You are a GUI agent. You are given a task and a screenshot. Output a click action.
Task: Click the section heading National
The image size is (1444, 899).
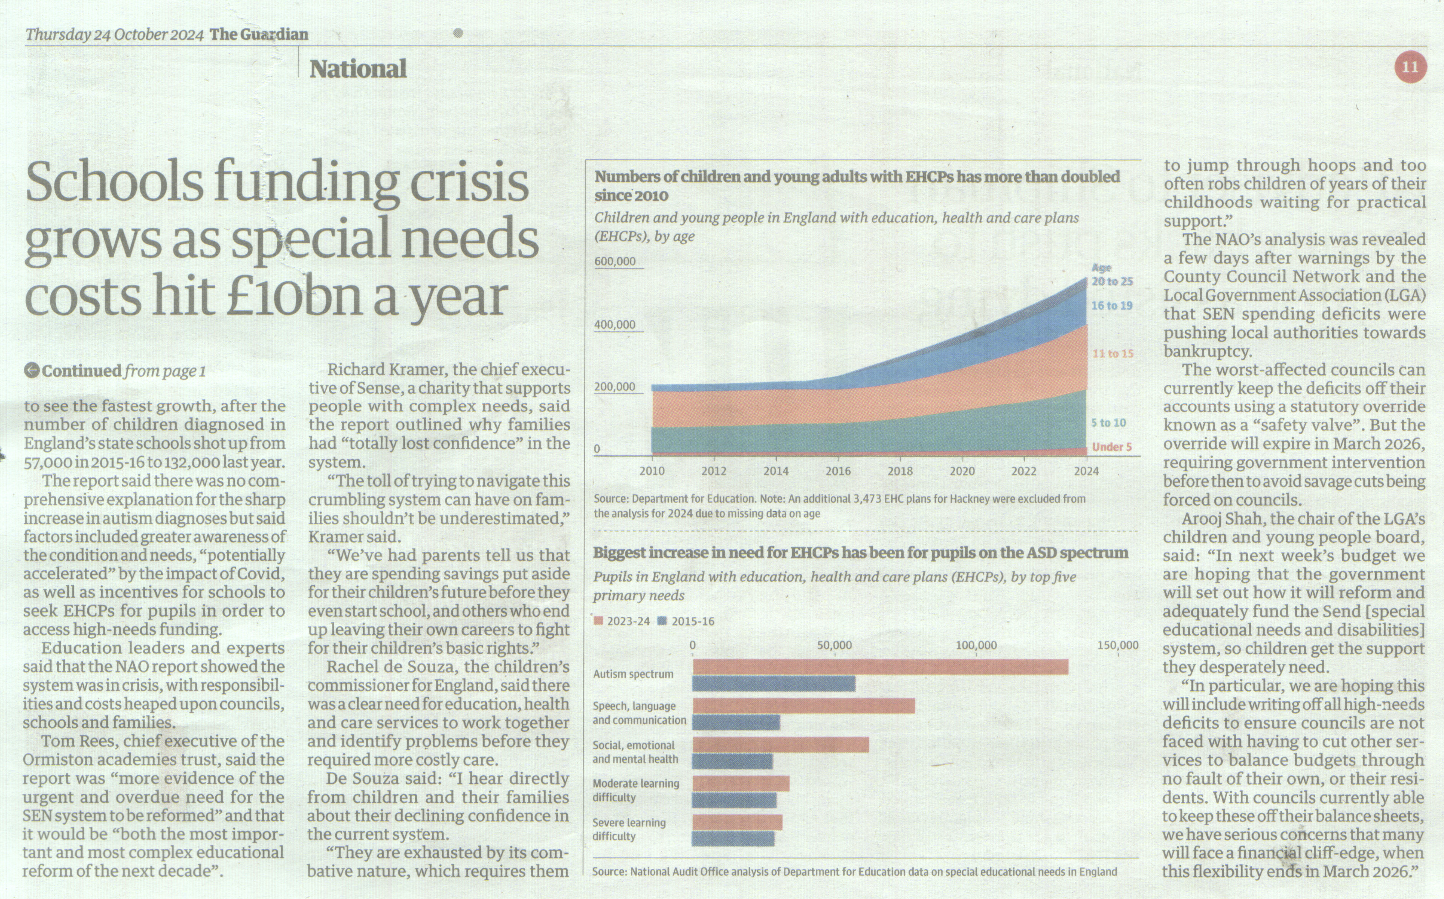pos(358,69)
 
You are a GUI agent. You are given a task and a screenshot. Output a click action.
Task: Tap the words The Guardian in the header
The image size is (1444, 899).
pos(259,35)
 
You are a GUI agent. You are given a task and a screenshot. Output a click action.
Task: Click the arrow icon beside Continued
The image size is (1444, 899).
pos(32,370)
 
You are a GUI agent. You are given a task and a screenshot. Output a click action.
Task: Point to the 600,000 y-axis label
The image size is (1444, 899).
pos(615,261)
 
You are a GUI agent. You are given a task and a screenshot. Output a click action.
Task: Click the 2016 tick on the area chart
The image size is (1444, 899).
pos(838,471)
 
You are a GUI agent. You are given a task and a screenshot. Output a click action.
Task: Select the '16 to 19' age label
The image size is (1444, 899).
pos(1111,305)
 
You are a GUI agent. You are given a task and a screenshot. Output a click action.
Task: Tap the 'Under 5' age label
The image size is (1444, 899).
pos(1111,447)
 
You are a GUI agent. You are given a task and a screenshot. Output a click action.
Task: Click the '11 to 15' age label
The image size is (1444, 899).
pos(1113,354)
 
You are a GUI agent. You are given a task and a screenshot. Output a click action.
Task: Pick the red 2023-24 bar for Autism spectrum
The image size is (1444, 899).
pos(880,667)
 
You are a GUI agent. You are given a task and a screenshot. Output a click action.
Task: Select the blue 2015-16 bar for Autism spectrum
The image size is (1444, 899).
pos(774,684)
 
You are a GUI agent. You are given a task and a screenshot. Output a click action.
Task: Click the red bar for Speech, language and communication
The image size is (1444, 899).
pos(804,706)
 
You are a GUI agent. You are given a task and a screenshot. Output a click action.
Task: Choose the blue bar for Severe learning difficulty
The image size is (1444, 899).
pos(733,838)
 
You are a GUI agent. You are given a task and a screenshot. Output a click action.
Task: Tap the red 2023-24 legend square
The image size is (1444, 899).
pos(598,621)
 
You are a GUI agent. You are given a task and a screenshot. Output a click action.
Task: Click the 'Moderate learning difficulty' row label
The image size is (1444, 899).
pos(636,790)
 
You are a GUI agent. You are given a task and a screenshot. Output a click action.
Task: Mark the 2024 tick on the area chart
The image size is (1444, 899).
pos(1087,471)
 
